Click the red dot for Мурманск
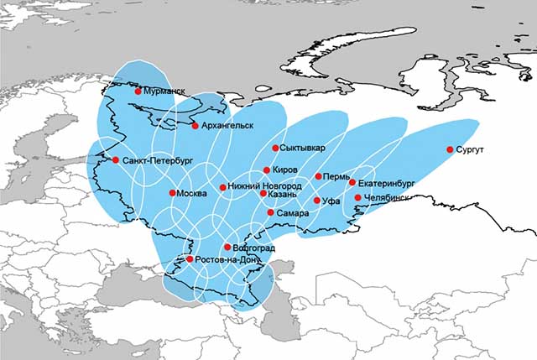[x=138, y=91]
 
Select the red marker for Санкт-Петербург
[x=116, y=159]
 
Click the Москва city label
[x=192, y=194]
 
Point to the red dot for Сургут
[x=450, y=149]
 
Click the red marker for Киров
[x=267, y=170]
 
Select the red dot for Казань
[x=263, y=194]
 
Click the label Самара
[x=293, y=213]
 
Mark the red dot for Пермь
[x=319, y=176]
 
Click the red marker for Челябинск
[x=358, y=198]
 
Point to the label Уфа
[x=332, y=201]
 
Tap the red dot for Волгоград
[x=227, y=247]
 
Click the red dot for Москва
[x=172, y=193]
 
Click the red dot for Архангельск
[x=195, y=126]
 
